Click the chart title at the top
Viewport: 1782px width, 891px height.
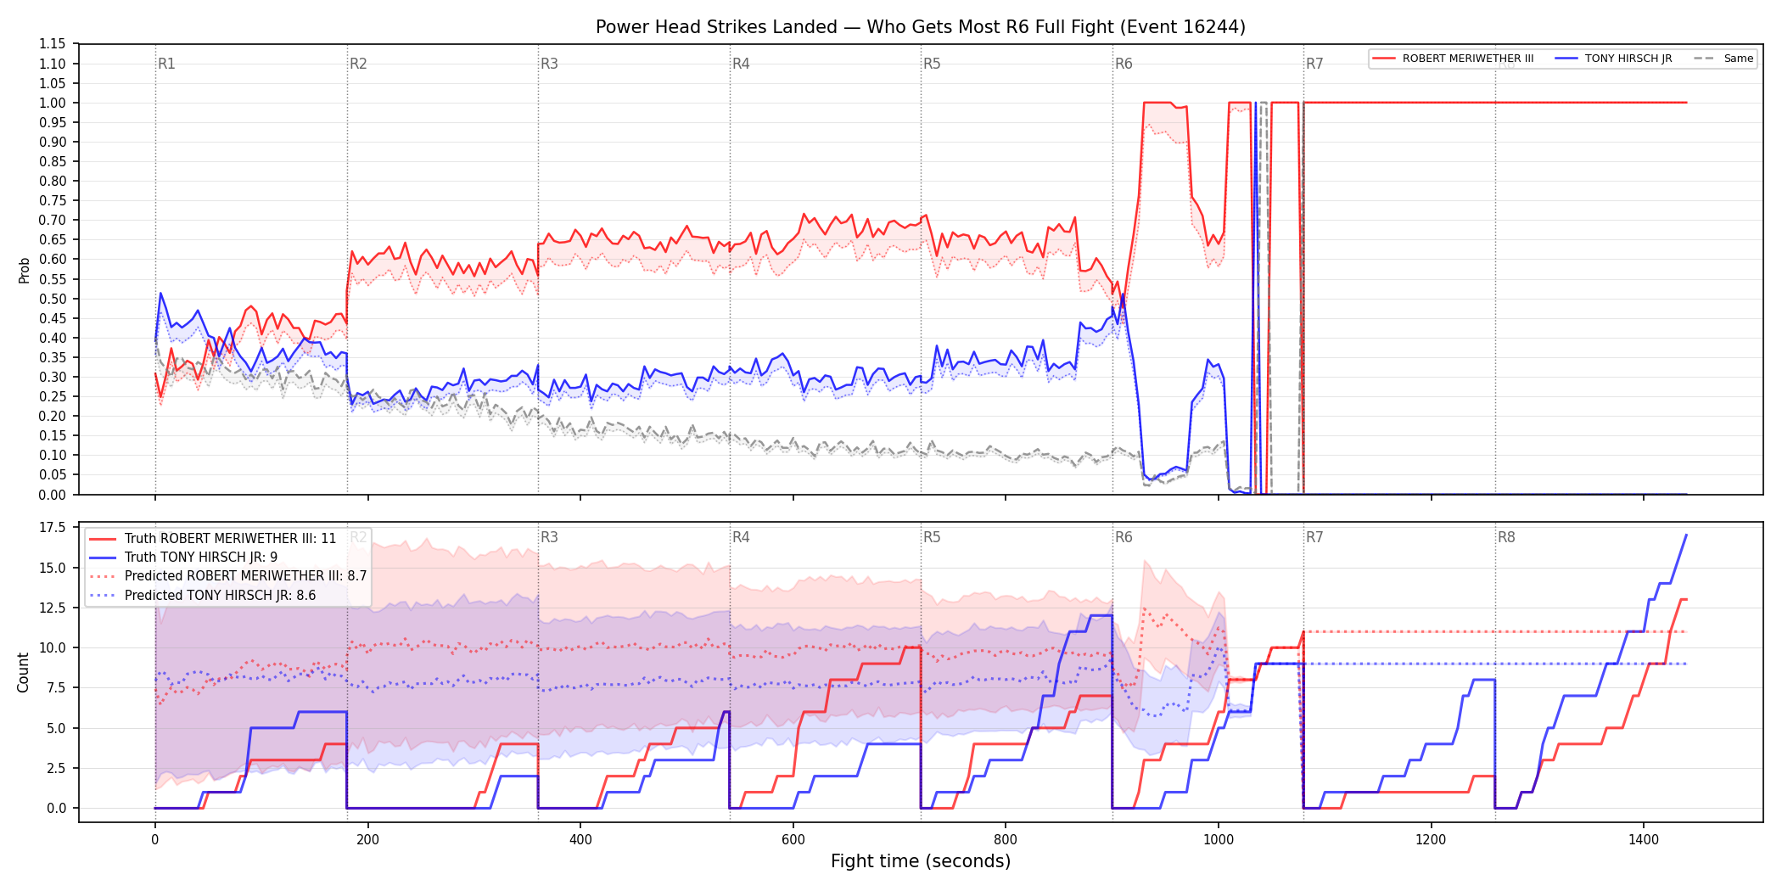(921, 27)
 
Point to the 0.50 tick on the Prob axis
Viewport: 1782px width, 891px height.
(52, 299)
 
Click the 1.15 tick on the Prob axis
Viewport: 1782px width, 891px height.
(52, 44)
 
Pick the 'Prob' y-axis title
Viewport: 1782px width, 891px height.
(24, 270)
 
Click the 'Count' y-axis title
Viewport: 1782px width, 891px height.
(23, 672)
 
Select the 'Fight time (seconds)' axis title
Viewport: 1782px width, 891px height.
(921, 861)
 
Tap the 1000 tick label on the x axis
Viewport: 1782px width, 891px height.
(1219, 840)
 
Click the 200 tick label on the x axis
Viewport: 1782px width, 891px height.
(367, 840)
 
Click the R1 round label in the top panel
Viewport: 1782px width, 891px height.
(166, 64)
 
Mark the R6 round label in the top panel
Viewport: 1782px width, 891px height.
(1124, 64)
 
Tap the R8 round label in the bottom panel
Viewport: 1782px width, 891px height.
(1506, 537)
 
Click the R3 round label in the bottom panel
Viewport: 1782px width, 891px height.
(549, 537)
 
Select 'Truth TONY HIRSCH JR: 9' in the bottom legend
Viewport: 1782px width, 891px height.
(201, 558)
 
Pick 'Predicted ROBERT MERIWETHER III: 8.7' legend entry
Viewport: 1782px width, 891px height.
(246, 576)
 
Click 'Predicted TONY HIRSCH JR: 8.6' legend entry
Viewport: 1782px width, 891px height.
(221, 596)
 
